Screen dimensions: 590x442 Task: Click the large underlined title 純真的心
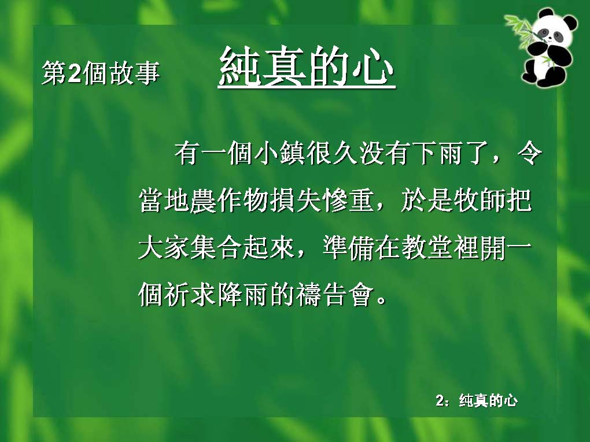307,67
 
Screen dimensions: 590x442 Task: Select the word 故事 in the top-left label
134,72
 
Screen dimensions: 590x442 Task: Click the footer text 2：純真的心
477,400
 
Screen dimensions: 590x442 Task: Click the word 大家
164,247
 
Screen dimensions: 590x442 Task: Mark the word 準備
348,247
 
